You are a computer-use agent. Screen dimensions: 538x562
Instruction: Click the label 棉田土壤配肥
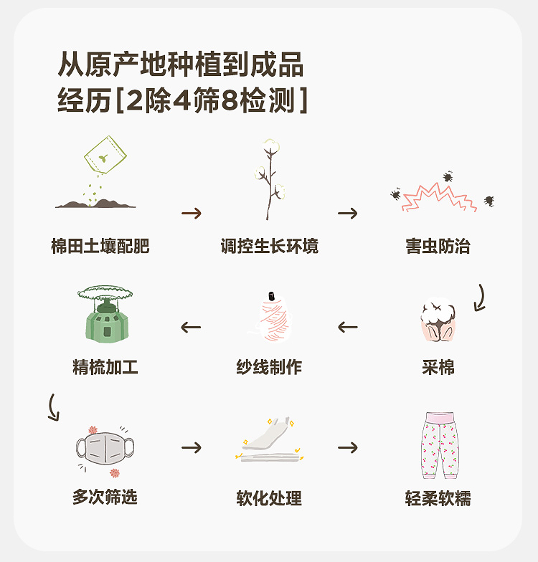(x=100, y=247)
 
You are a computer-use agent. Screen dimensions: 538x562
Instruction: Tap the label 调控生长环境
(x=269, y=247)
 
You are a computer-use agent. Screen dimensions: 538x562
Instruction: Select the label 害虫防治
(x=438, y=247)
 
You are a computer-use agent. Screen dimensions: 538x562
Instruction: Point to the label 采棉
(x=438, y=368)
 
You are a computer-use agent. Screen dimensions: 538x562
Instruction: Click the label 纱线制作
(x=269, y=368)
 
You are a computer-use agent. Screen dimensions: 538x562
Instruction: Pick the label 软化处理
(x=269, y=497)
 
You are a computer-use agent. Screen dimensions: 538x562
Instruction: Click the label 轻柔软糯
(x=438, y=497)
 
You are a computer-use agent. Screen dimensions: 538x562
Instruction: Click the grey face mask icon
(x=105, y=447)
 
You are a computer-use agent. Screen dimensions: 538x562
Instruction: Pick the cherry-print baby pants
(x=438, y=445)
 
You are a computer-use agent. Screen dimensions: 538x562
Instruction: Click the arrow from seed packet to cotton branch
(x=192, y=214)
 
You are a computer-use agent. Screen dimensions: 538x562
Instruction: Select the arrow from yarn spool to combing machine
(x=191, y=328)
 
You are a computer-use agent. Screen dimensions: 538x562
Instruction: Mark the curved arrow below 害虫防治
(x=478, y=297)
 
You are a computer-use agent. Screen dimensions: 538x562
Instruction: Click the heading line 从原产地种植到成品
(x=181, y=66)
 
